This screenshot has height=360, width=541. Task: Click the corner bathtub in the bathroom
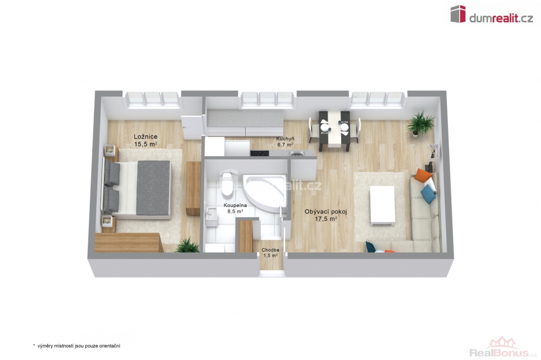(x=265, y=192)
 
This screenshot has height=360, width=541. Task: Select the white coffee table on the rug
(x=382, y=206)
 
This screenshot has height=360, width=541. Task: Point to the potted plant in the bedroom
(x=188, y=245)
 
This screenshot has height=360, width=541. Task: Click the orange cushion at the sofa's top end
(x=423, y=175)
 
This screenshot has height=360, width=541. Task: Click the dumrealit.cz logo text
(x=501, y=18)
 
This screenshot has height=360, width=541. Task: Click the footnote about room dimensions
(x=77, y=346)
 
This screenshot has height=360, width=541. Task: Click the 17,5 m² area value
(x=325, y=219)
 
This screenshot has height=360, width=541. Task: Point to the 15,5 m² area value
(x=146, y=144)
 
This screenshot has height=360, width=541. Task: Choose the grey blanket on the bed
(x=154, y=187)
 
